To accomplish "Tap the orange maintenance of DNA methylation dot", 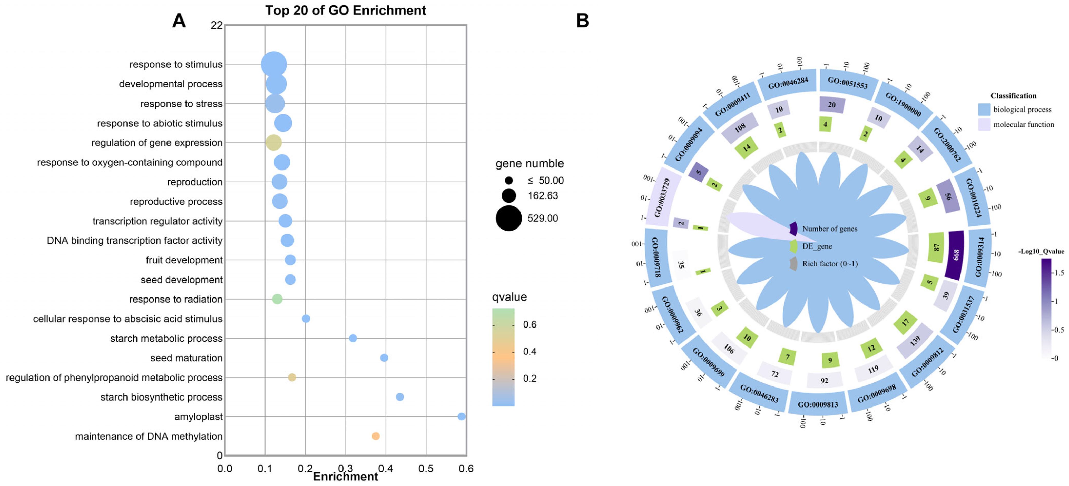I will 376,436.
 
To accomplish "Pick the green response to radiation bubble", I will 277,299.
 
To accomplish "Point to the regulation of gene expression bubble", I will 273,142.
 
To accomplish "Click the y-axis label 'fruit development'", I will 184,260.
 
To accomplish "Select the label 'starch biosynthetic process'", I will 161,397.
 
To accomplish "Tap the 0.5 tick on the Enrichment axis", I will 426,469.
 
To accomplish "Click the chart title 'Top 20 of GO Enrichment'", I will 345,10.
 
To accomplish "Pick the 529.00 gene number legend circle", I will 508,218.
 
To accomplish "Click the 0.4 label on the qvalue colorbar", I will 529,352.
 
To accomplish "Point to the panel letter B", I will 582,20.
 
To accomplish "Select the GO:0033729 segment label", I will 662,197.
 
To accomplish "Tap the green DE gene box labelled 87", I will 936,247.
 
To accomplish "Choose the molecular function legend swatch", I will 984,124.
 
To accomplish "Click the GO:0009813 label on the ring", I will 818,404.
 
